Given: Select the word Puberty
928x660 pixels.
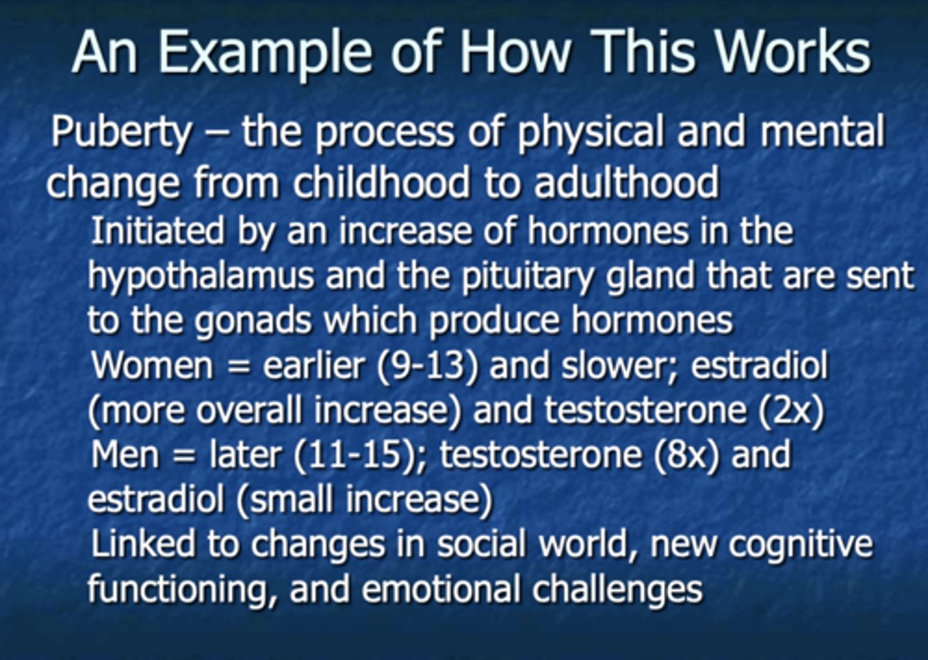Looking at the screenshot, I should coord(121,133).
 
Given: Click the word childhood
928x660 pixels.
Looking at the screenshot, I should coord(382,183).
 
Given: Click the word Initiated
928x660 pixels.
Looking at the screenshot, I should coord(157,232).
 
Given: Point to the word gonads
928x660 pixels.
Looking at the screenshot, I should coord(253,321).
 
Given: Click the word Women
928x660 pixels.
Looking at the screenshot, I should coord(152,366).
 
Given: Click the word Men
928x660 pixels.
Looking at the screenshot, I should coord(124,455).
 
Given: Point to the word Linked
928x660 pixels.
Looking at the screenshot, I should coord(142,544).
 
